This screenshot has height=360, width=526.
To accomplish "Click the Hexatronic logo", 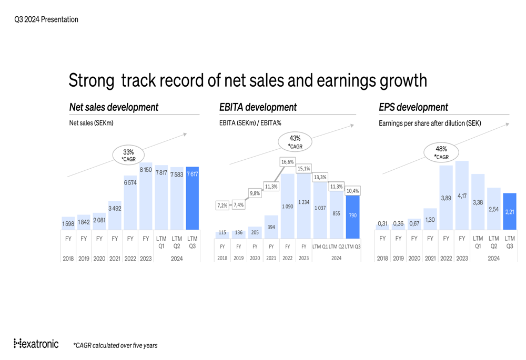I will pyautogui.click(x=36, y=344).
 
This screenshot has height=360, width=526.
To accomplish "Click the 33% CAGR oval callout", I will pyautogui.click(x=128, y=155).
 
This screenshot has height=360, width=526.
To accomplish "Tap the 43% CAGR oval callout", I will pyautogui.click(x=295, y=142).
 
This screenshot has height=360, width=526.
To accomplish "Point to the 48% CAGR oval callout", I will pyautogui.click(x=441, y=153).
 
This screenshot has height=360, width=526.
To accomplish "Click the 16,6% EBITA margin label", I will pyautogui.click(x=287, y=162).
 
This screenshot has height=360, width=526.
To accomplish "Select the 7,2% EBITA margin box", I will pyautogui.click(x=222, y=205).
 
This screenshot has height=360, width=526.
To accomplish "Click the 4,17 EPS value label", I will pyautogui.click(x=462, y=196).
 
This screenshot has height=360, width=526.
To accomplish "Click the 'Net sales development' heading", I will pyautogui.click(x=114, y=107).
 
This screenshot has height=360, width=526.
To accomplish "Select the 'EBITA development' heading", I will pyautogui.click(x=258, y=107).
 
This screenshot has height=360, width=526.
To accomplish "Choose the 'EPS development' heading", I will pyautogui.click(x=413, y=107).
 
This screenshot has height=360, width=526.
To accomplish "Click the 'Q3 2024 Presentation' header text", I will pyautogui.click(x=46, y=19).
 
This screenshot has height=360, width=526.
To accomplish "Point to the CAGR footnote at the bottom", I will pyautogui.click(x=115, y=345).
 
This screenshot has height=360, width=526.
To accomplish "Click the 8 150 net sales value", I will pyautogui.click(x=146, y=170).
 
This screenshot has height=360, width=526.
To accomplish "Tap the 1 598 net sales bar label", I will pyautogui.click(x=68, y=224).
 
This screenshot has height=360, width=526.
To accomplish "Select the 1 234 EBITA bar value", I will pyautogui.click(x=304, y=202).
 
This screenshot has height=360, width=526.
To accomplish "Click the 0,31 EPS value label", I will pyautogui.click(x=382, y=224).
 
